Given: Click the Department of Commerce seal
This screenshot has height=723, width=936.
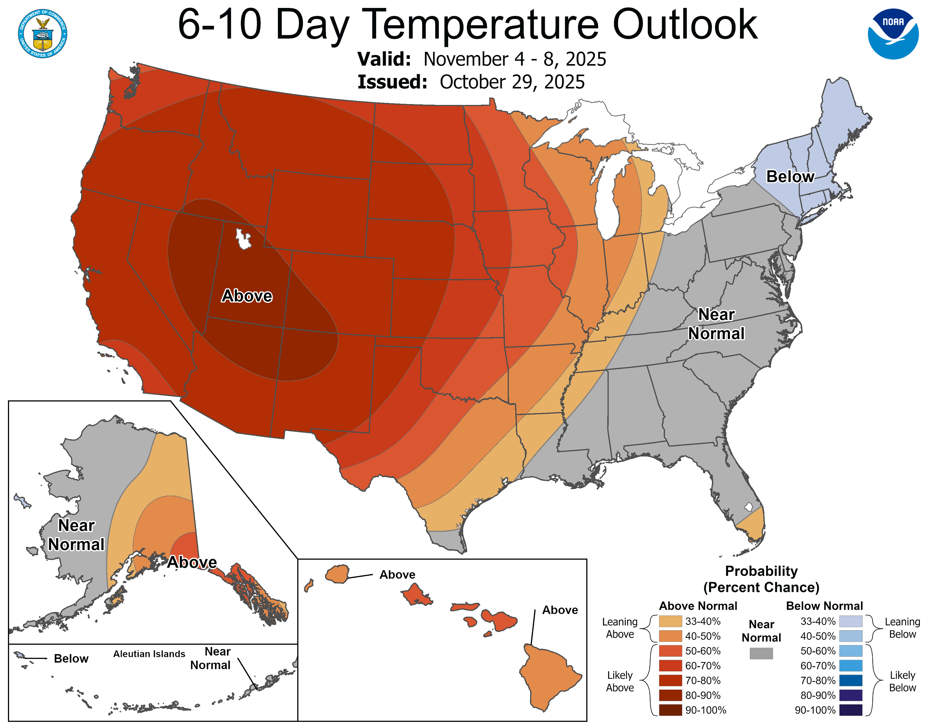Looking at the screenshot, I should coord(43,33).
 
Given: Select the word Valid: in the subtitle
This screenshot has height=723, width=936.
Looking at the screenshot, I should coord(384,59).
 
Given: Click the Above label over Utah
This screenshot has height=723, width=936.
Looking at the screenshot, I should coord(246,296).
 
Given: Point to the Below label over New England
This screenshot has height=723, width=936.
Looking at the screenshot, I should coord(790,176).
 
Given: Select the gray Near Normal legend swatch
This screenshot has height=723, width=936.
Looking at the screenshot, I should coord(761,653).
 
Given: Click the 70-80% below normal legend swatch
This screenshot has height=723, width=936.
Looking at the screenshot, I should coord(850,680).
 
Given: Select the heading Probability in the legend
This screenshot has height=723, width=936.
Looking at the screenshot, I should coord(761,571).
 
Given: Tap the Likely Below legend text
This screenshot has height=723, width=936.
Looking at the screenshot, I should coord(902,681).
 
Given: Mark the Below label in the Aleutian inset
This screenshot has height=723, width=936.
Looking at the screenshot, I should coord(71,659).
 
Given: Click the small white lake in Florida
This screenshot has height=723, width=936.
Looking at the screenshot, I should coord(748,507).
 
